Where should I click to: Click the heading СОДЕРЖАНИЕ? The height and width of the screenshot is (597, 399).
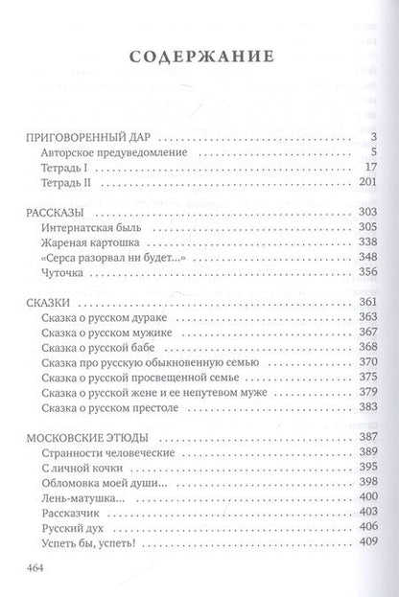(199, 59)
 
